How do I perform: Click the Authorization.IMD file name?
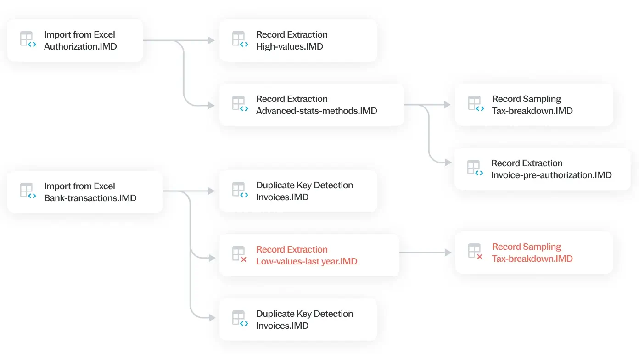(80, 46)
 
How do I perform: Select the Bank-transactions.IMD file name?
(90, 198)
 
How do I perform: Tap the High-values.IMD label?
(290, 46)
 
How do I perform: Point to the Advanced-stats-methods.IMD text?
(316, 111)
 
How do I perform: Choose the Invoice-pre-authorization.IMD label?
(551, 175)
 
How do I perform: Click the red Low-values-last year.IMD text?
(307, 261)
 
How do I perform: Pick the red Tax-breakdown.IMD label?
(532, 259)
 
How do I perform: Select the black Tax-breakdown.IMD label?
(532, 111)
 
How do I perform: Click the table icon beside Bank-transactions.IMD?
(28, 191)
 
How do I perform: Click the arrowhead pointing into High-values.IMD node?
(211, 40)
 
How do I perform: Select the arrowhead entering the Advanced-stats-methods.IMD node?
(211, 106)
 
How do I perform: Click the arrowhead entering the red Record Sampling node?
(448, 253)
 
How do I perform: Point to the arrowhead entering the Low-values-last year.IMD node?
(212, 258)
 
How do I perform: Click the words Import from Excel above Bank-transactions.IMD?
(79, 186)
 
